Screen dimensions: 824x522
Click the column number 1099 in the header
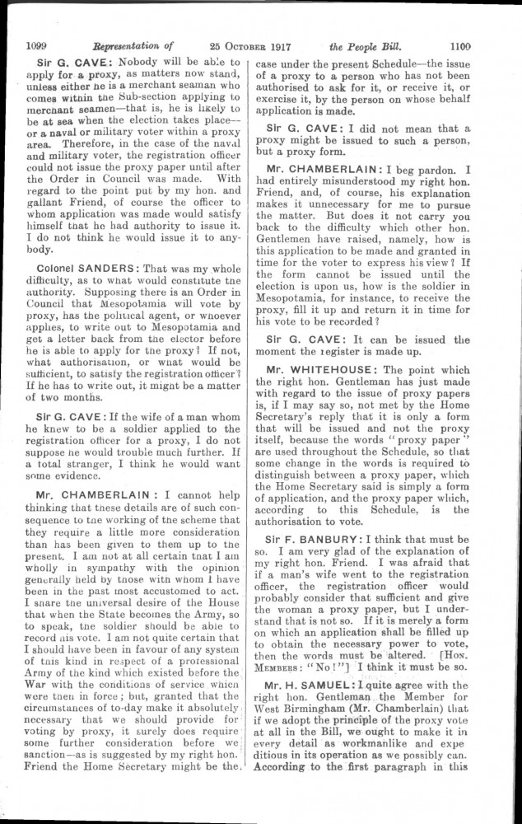40,47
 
